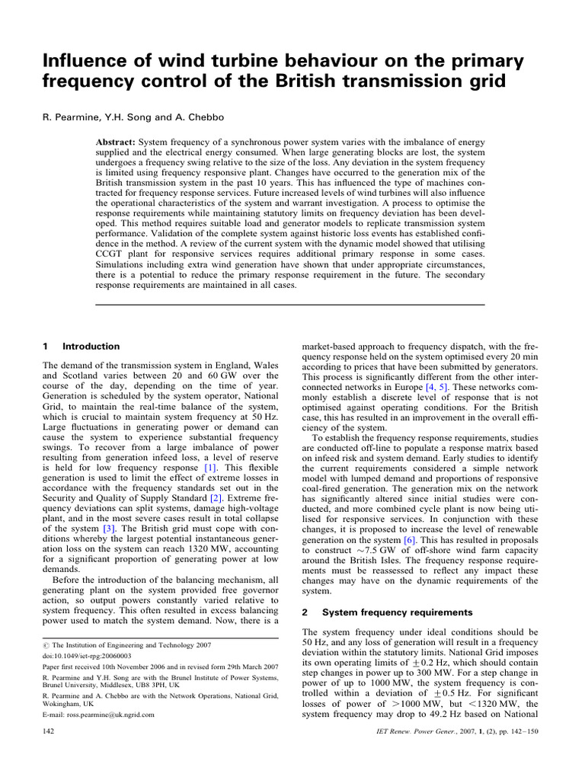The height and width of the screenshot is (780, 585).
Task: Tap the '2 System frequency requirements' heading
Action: pos(386,612)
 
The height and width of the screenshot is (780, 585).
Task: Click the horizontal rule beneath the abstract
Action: pos(289,305)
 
